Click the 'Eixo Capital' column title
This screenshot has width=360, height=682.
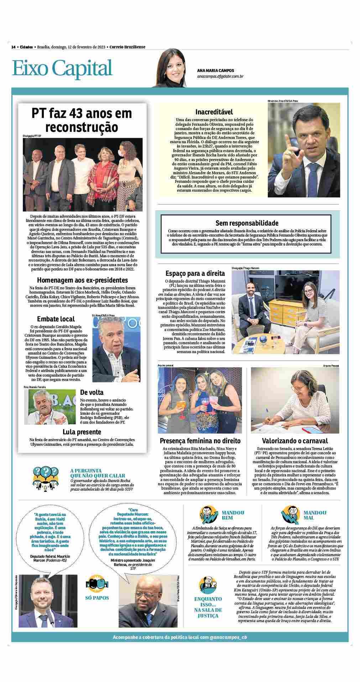[x=62, y=68]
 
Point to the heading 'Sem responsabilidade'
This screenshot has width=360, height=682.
[x=247, y=223]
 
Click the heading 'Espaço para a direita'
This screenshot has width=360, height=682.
[x=195, y=274]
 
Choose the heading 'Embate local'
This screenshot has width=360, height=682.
[x=56, y=319]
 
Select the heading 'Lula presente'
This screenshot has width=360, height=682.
[x=82, y=432]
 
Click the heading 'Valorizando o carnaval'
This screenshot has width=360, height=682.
[x=295, y=441]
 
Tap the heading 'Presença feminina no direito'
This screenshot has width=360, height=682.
[x=200, y=441]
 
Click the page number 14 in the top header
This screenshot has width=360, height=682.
[x=14, y=47]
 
